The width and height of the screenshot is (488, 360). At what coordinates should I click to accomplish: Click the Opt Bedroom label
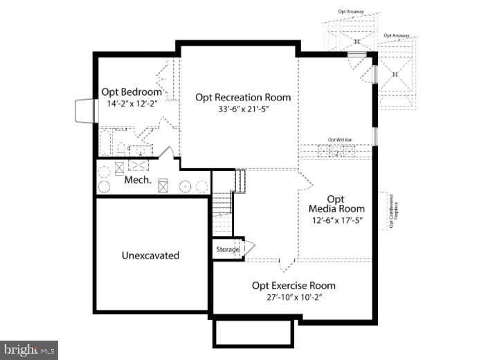tap(132, 91)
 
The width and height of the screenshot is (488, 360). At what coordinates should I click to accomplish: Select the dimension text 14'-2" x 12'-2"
tap(132, 103)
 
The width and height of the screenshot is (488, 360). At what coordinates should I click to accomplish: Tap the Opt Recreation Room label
tap(242, 97)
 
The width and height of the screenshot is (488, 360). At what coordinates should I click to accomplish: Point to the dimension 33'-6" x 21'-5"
tap(242, 109)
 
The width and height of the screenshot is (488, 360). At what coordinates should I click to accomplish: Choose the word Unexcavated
tap(150, 255)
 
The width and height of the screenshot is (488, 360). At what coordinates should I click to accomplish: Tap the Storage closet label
tap(227, 249)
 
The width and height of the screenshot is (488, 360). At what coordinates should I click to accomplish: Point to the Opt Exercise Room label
tap(293, 285)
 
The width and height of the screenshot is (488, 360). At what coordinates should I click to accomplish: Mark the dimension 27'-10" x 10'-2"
tap(293, 297)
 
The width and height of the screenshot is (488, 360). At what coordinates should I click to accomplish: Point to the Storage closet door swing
tap(249, 247)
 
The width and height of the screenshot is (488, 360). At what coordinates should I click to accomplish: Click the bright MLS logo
tap(29, 350)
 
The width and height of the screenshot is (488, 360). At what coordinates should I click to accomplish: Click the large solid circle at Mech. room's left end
tap(103, 186)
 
